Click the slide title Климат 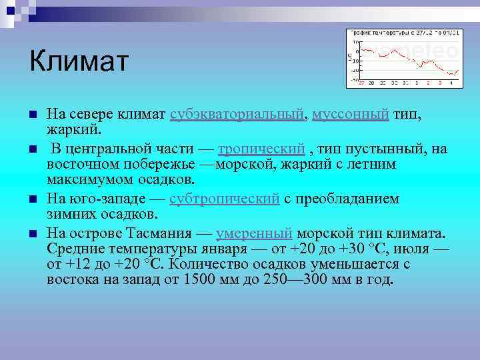(x=78, y=62)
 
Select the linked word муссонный (x=350, y=114)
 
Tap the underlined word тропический (x=261, y=149)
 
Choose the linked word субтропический (x=224, y=199)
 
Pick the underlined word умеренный (x=254, y=233)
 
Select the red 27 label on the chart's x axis (x=361, y=83)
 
